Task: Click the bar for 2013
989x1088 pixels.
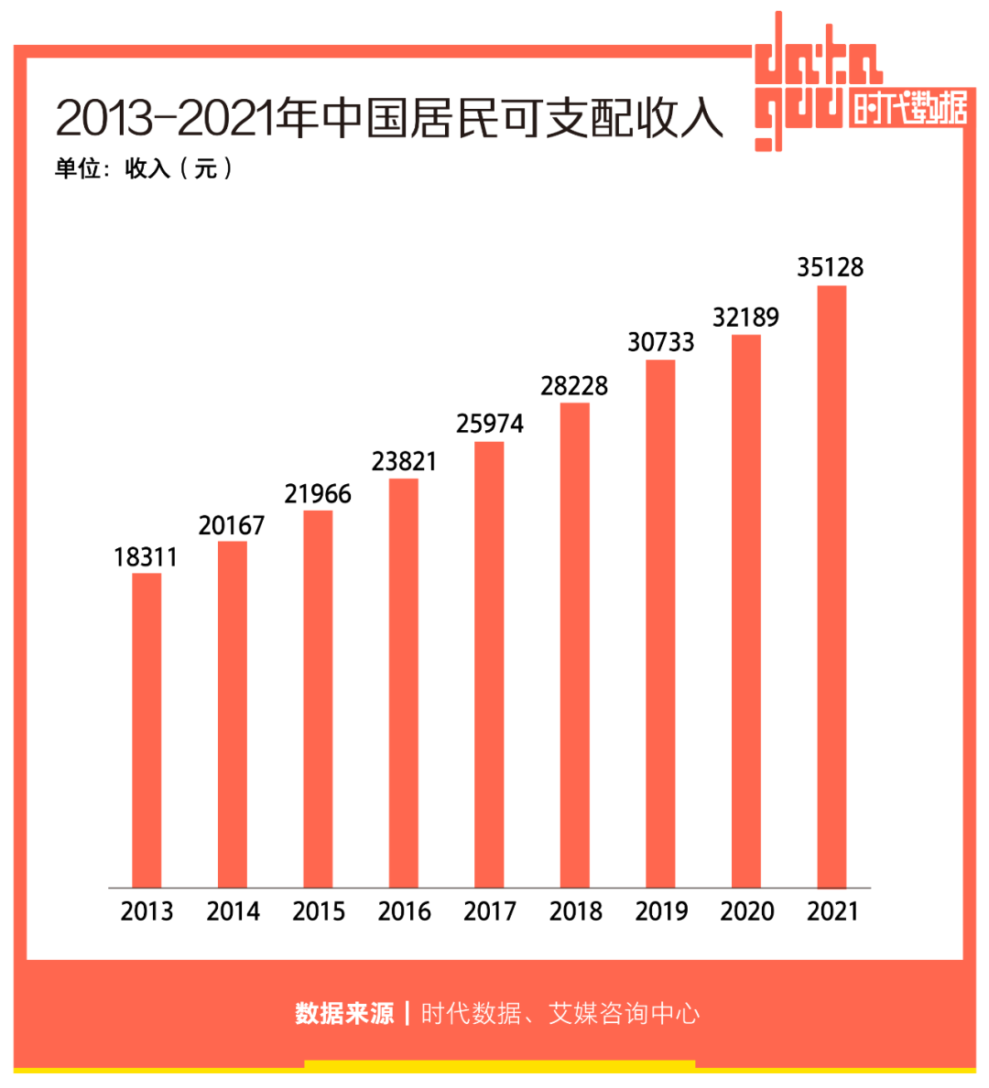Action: coord(147,730)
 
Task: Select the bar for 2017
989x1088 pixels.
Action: coord(489,664)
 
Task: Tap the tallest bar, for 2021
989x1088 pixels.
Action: coord(831,587)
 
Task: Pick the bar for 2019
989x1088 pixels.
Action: coord(660,623)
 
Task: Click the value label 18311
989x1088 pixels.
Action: coord(146,557)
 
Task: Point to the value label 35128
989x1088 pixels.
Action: coord(830,267)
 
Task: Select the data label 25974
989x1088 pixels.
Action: coord(490,424)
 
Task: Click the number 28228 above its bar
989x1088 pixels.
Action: coord(574,386)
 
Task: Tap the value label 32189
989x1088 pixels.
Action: coord(745,318)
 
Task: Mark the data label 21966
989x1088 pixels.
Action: coord(318,494)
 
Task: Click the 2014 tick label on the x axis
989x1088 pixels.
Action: coord(233,911)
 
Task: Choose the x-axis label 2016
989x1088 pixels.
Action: coord(404,911)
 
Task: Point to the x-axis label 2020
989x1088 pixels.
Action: coord(746,911)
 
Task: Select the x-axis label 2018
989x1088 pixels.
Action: coord(575,911)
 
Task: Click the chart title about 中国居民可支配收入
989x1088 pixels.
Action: coord(389,117)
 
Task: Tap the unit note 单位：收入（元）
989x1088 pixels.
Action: coord(144,168)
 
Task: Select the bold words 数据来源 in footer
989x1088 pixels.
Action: coord(344,1013)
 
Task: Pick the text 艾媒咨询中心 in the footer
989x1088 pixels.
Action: coord(625,1013)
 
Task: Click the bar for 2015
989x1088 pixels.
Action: coord(318,699)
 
